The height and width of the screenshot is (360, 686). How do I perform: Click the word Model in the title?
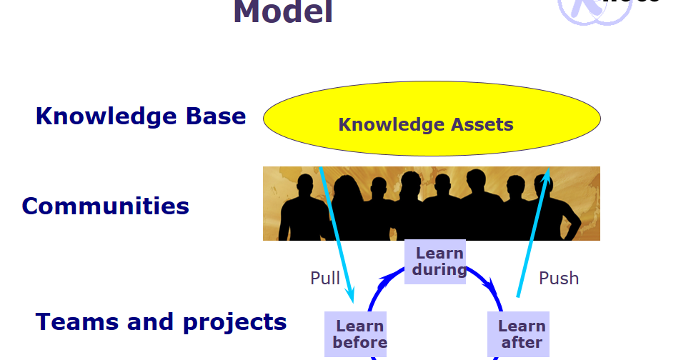click(x=283, y=12)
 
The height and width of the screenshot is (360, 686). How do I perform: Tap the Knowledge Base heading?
click(x=141, y=116)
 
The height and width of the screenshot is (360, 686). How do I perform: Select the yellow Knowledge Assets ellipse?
click(x=432, y=119)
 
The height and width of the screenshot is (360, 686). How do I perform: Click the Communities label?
click(x=106, y=206)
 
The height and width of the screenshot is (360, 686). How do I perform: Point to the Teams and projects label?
click(x=161, y=322)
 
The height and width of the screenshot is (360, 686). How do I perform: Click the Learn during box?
click(x=435, y=261)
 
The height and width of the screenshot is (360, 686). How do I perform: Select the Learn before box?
click(x=355, y=334)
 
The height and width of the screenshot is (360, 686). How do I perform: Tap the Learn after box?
click(x=518, y=334)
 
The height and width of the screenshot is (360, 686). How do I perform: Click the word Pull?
click(x=325, y=278)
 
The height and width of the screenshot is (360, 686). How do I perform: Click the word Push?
click(x=558, y=278)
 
